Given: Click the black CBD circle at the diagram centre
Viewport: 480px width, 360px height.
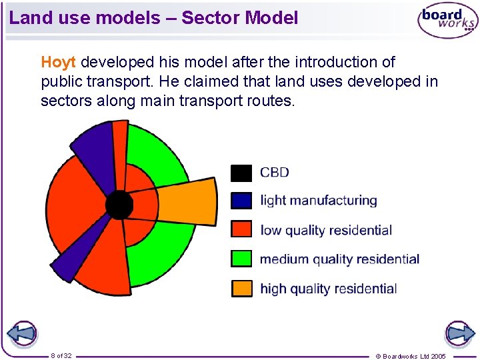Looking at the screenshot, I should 120,205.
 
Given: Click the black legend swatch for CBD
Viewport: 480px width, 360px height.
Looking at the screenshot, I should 241,173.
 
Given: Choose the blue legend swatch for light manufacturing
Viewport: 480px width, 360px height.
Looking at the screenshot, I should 241,201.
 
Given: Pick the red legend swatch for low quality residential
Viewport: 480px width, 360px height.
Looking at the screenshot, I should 241,230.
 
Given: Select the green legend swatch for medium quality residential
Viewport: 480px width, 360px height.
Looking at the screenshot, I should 241,259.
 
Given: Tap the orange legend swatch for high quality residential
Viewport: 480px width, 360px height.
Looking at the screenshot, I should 241,288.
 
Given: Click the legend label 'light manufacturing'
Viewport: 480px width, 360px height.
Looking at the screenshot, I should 318,201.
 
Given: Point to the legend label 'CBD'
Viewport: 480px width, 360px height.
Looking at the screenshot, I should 274,173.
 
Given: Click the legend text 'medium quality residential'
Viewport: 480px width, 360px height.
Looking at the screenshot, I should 339,259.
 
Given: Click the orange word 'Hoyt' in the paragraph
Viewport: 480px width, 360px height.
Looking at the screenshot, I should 59,63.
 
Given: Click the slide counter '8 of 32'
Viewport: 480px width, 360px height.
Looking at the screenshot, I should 61,356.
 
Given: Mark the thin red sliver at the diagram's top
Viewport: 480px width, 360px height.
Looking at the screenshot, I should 120,143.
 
